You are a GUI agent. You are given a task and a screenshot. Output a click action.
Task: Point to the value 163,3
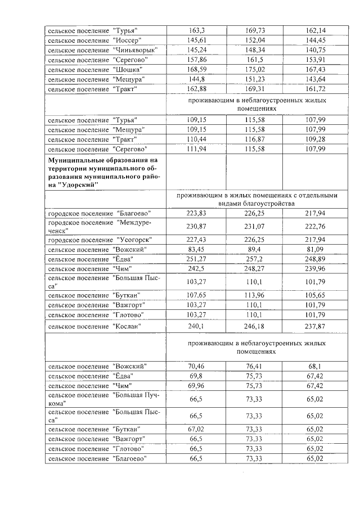(x=196, y=30)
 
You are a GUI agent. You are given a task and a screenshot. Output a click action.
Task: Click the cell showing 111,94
(x=196, y=149)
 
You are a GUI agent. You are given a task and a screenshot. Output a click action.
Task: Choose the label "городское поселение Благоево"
(x=99, y=214)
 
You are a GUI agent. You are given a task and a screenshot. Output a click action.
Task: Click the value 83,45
(x=196, y=249)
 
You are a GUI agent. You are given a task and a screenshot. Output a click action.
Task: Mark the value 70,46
(x=196, y=366)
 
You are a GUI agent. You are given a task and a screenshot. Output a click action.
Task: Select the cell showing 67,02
(x=196, y=429)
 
